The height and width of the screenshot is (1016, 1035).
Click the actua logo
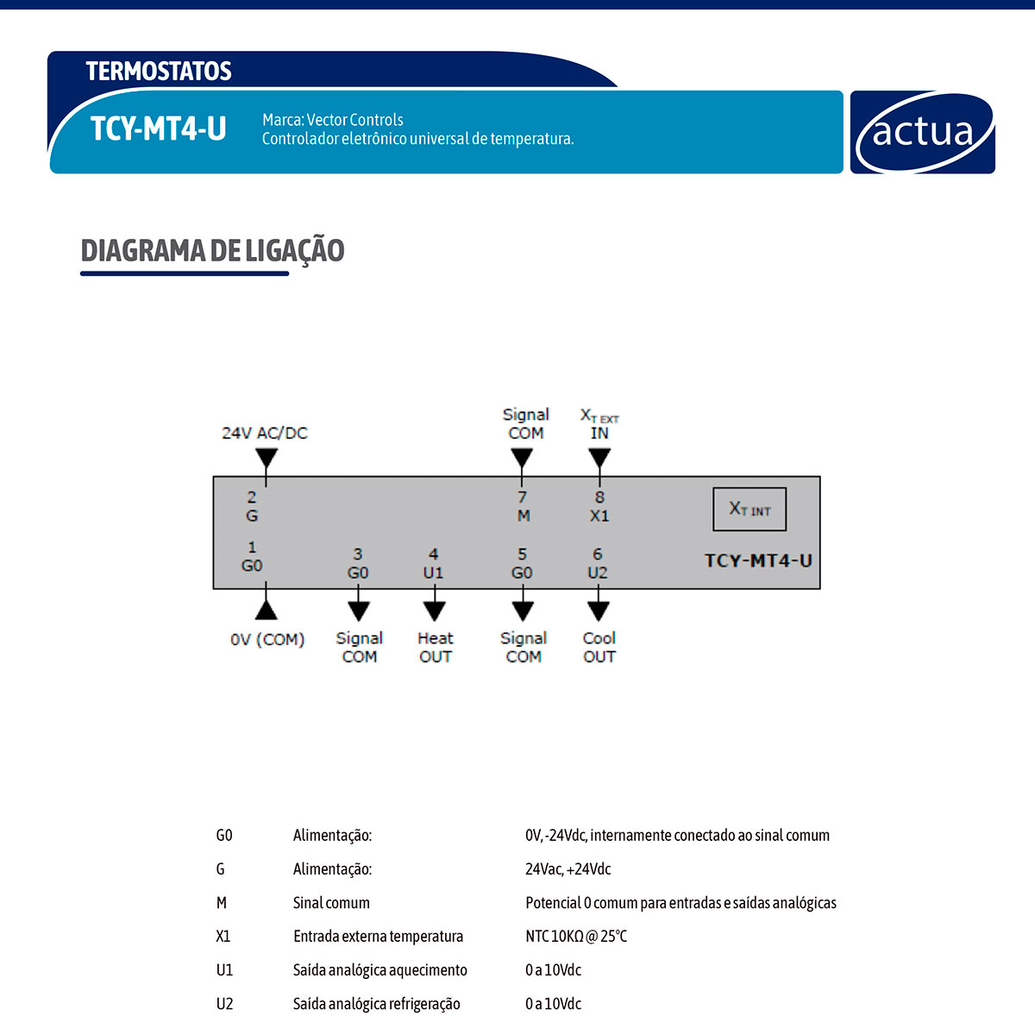coord(922,132)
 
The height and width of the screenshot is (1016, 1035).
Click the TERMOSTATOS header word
coord(159,71)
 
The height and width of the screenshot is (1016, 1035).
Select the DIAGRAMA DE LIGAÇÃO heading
coord(212,251)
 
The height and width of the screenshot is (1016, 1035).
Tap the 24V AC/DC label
coord(265,433)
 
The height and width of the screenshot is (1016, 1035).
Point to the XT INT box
coord(750,509)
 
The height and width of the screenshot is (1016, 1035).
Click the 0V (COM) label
coord(267,640)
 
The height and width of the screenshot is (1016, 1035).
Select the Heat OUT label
coord(436,647)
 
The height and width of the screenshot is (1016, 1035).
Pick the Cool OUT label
coord(599,647)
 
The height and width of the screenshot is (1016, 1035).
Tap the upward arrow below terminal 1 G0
coord(267,609)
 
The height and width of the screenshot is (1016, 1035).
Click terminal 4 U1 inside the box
coord(433,563)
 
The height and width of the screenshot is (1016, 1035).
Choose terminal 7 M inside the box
coord(523,506)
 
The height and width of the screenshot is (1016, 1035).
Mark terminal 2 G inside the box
coord(252,506)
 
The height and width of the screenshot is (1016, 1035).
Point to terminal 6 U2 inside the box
coord(597,563)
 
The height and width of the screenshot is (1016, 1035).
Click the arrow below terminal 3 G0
coord(359,611)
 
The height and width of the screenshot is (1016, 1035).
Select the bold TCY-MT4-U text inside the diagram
coord(758,561)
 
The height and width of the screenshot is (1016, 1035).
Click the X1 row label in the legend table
coord(223,936)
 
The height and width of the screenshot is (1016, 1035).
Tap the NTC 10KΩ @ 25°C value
coord(576,936)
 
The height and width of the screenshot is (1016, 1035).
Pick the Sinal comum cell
coord(331,903)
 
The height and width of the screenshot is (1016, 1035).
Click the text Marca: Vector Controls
coord(333,120)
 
